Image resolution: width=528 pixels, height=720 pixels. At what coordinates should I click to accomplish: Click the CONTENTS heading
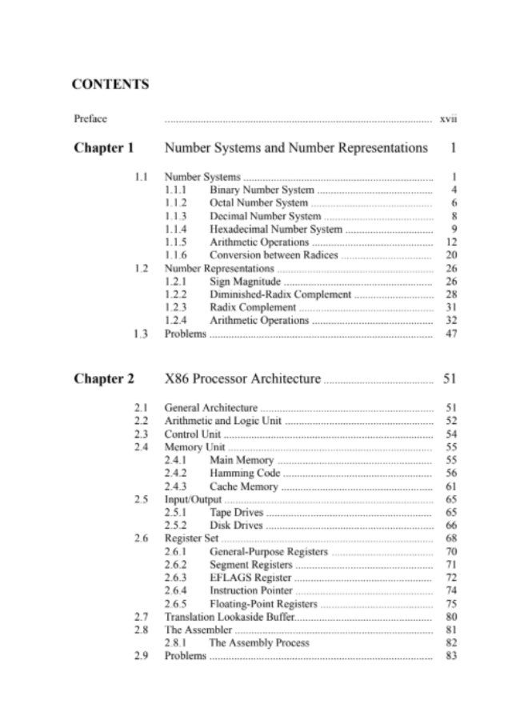(x=110, y=83)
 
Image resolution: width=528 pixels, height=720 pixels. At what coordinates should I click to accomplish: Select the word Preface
(x=90, y=119)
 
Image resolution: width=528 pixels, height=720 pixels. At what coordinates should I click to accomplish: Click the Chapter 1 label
(x=104, y=148)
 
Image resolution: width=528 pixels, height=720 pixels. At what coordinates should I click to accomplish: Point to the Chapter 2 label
(x=104, y=378)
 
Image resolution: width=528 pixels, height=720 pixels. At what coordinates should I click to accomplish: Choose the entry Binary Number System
(x=262, y=191)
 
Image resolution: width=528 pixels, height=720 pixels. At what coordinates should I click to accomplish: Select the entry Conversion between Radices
(x=274, y=256)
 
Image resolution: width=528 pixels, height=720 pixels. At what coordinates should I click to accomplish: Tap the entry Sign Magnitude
(x=245, y=282)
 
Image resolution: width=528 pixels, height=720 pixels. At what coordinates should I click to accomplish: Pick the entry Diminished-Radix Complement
(x=280, y=294)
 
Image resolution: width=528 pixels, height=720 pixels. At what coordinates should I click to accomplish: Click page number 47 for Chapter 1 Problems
(x=450, y=334)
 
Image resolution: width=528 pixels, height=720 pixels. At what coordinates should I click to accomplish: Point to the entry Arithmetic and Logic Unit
(x=222, y=421)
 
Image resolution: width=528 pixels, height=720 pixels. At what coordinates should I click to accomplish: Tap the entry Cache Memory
(x=244, y=486)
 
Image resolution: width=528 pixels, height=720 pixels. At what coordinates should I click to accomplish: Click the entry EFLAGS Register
(x=250, y=578)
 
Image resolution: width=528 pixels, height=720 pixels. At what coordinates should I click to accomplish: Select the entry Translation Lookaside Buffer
(x=229, y=617)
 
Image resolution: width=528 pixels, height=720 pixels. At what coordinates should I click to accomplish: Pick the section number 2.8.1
(x=176, y=643)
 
